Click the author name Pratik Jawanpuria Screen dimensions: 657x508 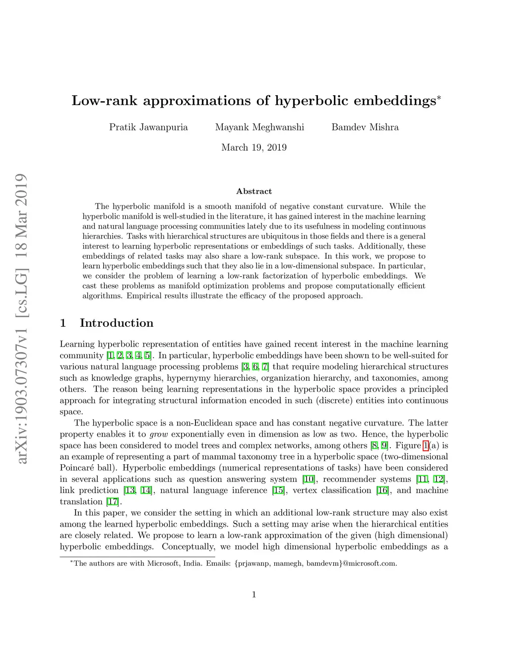coord(148,127)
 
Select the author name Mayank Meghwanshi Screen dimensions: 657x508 coord(259,127)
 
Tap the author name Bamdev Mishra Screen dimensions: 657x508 coord(365,127)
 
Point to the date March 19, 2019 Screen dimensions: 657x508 coord(254,147)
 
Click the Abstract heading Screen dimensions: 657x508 coord(254,191)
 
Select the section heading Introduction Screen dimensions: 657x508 coord(117,323)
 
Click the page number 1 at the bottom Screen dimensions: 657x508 coord(254,595)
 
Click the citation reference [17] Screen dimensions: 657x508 coord(114,502)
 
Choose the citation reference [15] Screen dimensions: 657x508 coord(278,490)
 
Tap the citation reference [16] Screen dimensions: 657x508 coord(382,490)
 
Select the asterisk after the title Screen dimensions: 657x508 coord(439,97)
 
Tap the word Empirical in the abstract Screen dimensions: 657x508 coord(144,296)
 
